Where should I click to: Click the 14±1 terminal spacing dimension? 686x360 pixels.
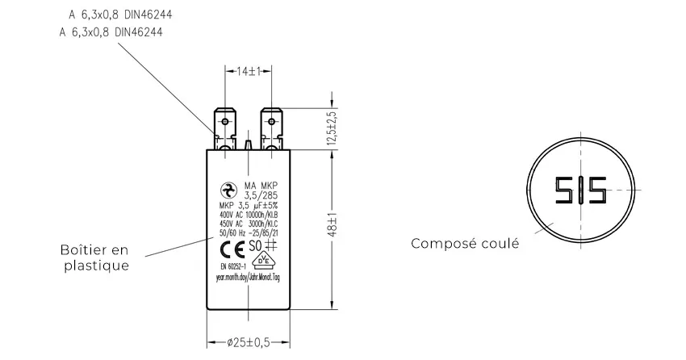coord(248,72)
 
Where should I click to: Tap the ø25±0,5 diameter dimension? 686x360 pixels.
coord(248,341)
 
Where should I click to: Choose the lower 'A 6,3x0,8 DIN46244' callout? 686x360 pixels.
coord(111,33)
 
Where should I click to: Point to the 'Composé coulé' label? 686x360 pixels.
coord(465,243)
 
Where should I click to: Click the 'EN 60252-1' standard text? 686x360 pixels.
coord(234,264)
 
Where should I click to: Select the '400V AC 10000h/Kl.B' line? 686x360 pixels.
coord(249,216)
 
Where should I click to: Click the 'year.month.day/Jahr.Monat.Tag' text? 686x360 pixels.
coord(248,277)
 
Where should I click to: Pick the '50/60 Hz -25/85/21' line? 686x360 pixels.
coord(249,233)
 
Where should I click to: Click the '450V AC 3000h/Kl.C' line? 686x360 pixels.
coord(249,224)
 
